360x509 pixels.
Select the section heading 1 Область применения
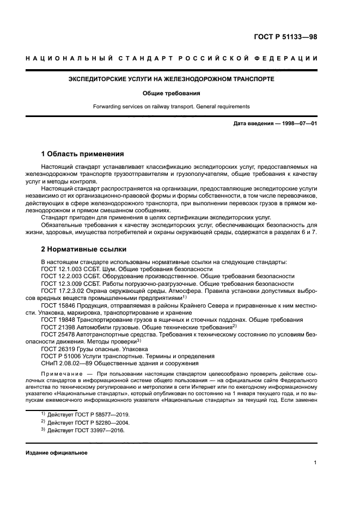[x=83, y=154]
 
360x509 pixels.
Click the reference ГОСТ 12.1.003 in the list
[x=61, y=269]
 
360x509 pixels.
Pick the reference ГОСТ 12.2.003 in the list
[x=61, y=277]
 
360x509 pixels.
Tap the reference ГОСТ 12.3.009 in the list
[x=61, y=284]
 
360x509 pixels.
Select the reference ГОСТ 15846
[x=57, y=305]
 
